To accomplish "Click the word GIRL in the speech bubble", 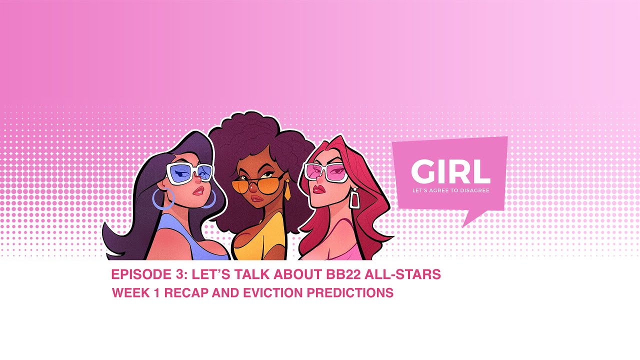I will tap(450, 172).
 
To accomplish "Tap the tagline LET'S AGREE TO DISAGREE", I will tap(450, 190).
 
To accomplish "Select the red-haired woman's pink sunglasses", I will tap(325, 172).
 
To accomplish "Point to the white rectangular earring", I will tap(354, 199).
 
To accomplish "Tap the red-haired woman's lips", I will tap(318, 189).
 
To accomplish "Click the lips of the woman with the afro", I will tap(257, 198).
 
